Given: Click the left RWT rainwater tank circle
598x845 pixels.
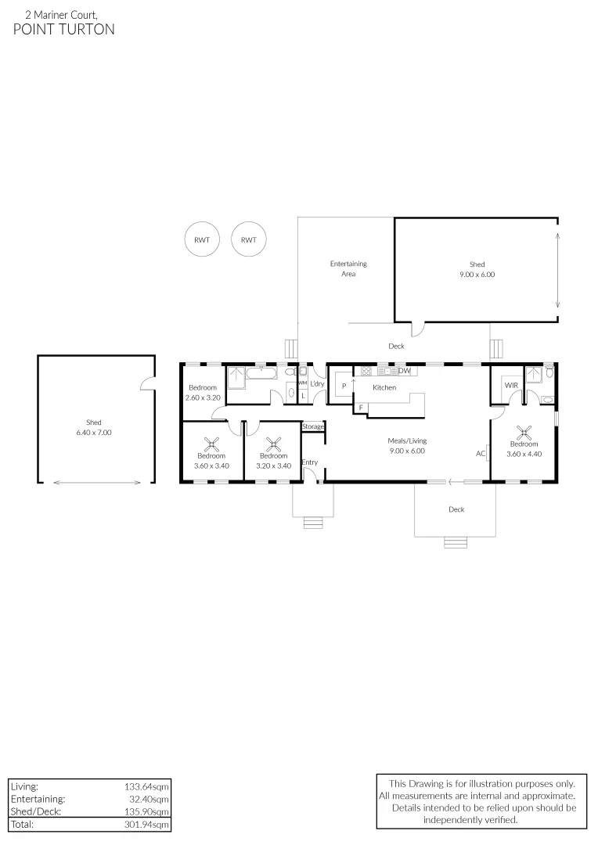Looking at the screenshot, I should pos(202,240).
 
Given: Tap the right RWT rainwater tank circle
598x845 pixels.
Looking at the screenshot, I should pos(249,240).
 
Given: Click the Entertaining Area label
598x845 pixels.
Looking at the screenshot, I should pos(348,268).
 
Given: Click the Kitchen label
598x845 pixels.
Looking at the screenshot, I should pos(384,387).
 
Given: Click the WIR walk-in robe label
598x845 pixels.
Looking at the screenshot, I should pos(511,386).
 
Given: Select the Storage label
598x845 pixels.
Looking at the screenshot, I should pos(313,426).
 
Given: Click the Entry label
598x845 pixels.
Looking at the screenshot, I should pos(310,462).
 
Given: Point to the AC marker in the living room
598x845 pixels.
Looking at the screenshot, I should pos(481,453).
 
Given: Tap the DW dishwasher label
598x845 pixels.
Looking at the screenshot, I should pos(405,371).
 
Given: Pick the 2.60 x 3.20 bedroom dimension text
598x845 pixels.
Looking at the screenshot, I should pos(203,397).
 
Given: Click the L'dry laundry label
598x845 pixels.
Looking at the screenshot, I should pos(317,384).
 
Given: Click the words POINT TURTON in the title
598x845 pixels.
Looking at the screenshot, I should pos(64,30).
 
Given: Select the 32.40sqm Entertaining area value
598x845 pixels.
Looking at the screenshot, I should pos(149,800).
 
